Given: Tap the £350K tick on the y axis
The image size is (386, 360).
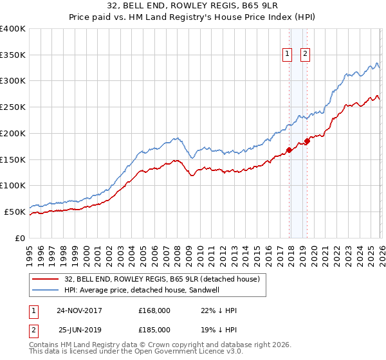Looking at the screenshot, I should pos(13,55).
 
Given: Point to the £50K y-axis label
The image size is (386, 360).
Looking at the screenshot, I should pos(15,212).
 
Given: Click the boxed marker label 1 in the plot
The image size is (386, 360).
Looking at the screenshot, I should pos(286,55).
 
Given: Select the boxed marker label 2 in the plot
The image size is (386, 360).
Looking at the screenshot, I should pos(304,55).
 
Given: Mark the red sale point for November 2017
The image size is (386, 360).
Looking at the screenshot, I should pos(289,150).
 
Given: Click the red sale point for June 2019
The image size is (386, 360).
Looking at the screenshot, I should pos(307,141).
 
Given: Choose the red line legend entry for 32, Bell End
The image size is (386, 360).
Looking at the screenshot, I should pos(161,279).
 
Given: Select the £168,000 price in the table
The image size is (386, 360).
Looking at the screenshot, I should pos(154,310).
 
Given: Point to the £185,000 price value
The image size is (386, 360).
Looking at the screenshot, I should pos(154,330).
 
